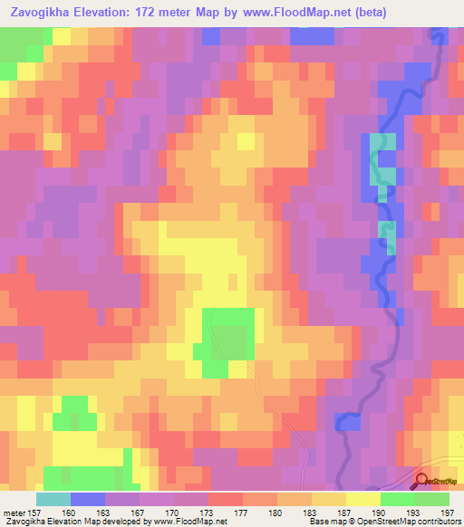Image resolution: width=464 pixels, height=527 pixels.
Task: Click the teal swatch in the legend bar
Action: coord(53,499)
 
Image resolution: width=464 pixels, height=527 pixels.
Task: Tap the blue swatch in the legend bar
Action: coord(88,499)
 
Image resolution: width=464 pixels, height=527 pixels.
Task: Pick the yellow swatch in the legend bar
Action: coord(363,499)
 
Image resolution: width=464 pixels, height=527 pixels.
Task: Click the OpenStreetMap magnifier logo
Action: coord(421,482)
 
